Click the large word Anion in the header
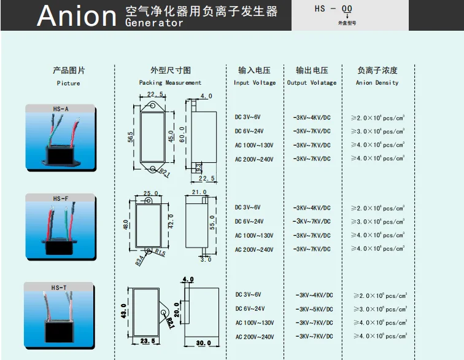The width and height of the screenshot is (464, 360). [x=76, y=16]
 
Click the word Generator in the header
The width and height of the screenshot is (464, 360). [x=153, y=23]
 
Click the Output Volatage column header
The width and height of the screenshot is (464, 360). [x=312, y=82]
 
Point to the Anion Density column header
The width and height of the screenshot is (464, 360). [x=377, y=82]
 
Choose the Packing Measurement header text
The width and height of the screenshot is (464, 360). [x=170, y=82]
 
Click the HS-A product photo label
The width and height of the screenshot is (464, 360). [x=60, y=109]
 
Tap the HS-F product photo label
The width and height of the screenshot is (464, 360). [x=60, y=198]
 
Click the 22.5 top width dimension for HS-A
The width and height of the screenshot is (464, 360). [x=155, y=94]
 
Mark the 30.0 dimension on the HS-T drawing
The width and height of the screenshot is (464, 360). [x=203, y=343]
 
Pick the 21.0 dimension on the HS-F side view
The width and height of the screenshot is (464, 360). [x=199, y=192]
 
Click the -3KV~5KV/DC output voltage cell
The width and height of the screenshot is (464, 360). [x=314, y=309]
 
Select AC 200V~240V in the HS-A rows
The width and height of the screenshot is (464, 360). [x=253, y=159]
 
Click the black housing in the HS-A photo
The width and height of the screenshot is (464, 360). [x=61, y=156]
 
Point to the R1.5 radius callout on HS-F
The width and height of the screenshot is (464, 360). [x=160, y=252]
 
